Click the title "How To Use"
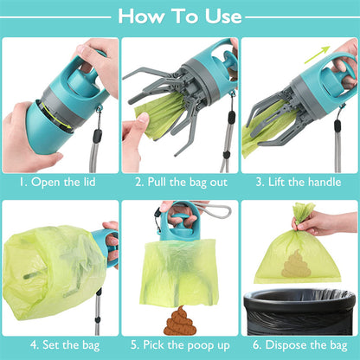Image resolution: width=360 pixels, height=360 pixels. click(179, 16)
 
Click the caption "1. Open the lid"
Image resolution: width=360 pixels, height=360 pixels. click(58, 183)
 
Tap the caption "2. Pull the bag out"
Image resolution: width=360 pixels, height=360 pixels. click(179, 183)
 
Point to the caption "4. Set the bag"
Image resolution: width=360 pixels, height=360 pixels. click(58, 344)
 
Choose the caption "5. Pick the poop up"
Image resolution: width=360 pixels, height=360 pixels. click(179, 344)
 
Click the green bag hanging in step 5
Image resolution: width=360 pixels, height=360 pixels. click(178, 273)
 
